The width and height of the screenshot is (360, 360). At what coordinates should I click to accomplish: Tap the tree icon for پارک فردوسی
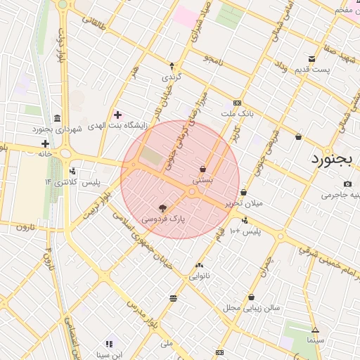pos(162,208)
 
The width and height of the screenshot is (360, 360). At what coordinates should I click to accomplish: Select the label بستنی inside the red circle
pos(202,181)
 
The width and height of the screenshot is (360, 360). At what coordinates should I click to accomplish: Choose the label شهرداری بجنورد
pos(57,129)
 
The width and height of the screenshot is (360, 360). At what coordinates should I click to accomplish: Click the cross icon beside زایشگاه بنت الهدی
pos(117,115)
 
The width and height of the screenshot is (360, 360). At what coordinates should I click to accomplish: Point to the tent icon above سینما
pos(315,330)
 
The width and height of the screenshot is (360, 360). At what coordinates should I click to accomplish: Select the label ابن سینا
pos(109,354)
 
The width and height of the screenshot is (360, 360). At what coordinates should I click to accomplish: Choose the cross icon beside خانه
pos(45,143)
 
